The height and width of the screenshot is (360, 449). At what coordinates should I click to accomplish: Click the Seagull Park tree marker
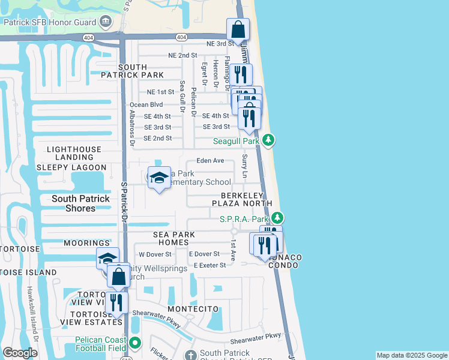click(x=269, y=141)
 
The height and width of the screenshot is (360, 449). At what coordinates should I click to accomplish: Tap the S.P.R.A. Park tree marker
click(x=277, y=218)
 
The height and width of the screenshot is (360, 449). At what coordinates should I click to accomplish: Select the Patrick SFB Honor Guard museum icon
click(x=106, y=22)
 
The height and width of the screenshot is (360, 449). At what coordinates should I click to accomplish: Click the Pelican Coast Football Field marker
click(x=135, y=343)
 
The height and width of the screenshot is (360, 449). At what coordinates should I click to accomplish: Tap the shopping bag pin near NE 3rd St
click(x=238, y=29)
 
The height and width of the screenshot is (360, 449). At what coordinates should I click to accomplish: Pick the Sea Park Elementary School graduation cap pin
click(x=159, y=178)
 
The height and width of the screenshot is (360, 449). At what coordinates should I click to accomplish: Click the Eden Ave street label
click(x=210, y=161)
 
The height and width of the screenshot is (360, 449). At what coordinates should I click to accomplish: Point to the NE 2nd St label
click(x=183, y=55)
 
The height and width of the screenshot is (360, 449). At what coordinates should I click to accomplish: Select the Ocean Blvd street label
click(x=146, y=104)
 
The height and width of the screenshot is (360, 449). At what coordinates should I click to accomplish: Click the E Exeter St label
click(x=207, y=265)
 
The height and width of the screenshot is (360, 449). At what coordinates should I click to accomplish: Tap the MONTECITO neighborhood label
click(x=193, y=308)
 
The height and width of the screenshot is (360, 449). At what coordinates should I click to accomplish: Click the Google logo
click(x=20, y=353)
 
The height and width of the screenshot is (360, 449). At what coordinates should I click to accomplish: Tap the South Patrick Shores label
click(x=80, y=203)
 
